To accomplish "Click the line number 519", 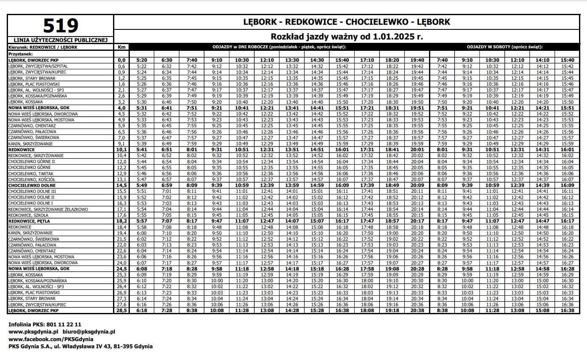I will pyautogui.click(x=61, y=26).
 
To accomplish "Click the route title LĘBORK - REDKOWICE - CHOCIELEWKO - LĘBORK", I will pyautogui.click(x=347, y=21).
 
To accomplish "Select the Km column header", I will pyautogui.click(x=121, y=47).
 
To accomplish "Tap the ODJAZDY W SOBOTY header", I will pyautogui.click(x=505, y=47).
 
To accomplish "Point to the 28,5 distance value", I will pyautogui.click(x=121, y=310).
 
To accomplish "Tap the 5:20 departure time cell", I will pyautogui.click(x=142, y=60).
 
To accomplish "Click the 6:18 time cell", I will pyautogui.click(x=142, y=310).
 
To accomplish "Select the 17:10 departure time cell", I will pyautogui.click(x=367, y=60).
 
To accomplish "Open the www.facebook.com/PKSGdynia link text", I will pyautogui.click(x=51, y=339).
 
